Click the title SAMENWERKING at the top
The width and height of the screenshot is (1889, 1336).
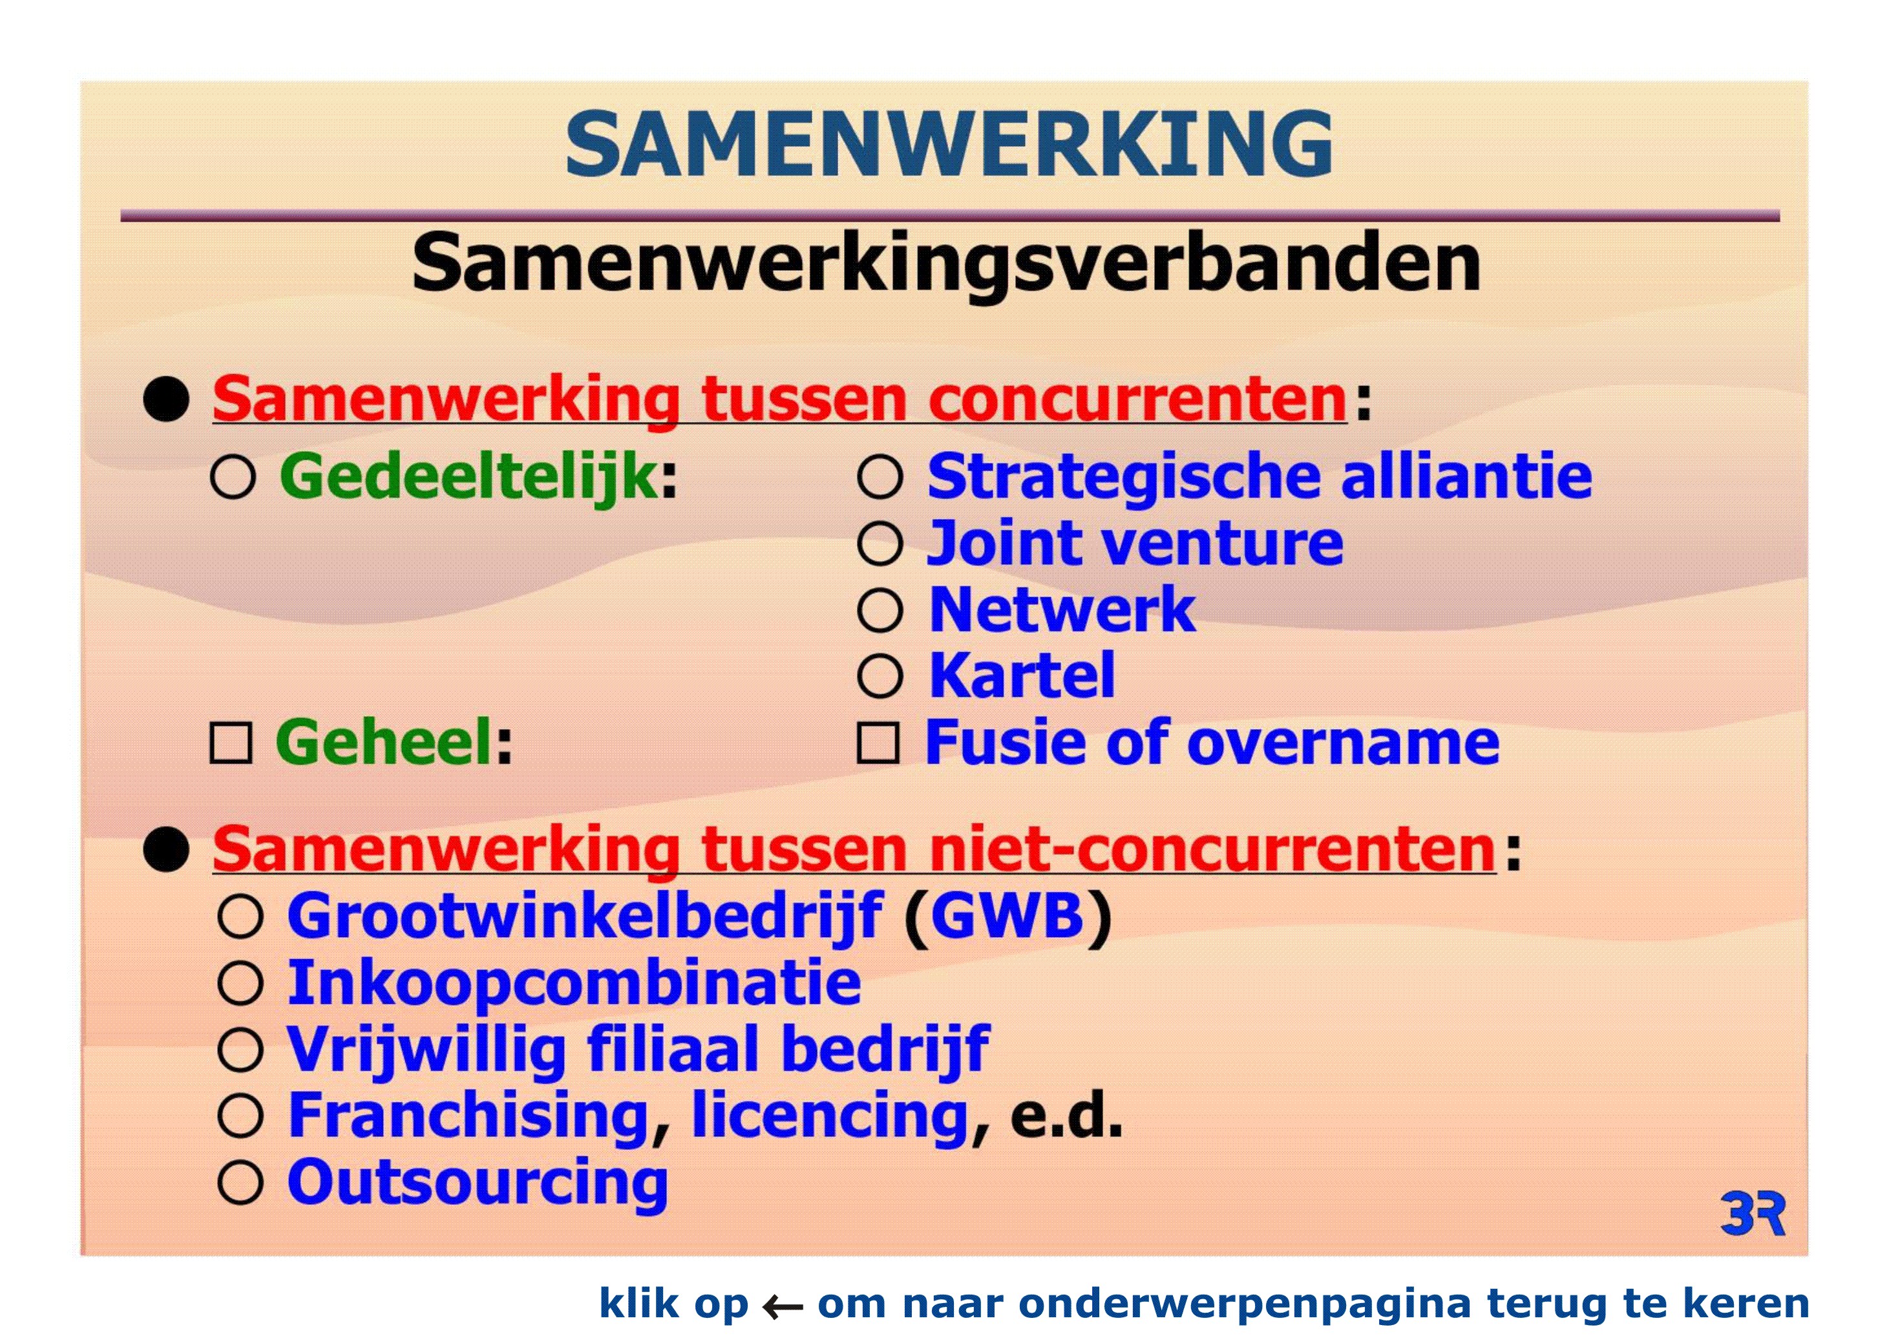949,144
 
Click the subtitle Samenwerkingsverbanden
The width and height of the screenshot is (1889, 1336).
946,263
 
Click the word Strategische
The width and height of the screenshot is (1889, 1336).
1123,478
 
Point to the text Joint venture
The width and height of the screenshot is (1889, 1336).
1135,543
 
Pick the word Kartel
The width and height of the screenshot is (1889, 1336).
1022,675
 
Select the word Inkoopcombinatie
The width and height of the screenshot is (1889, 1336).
575,985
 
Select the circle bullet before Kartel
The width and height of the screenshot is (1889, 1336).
880,676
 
